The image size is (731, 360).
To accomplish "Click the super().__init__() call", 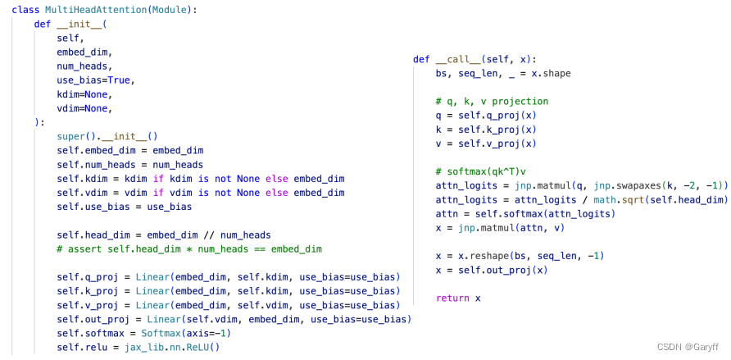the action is click(107, 136).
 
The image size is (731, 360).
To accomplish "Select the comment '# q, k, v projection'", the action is click(492, 102).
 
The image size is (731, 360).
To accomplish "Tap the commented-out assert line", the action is click(189, 248).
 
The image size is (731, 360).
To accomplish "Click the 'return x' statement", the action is click(458, 298).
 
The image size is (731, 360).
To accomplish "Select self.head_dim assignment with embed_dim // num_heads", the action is click(164, 235).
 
